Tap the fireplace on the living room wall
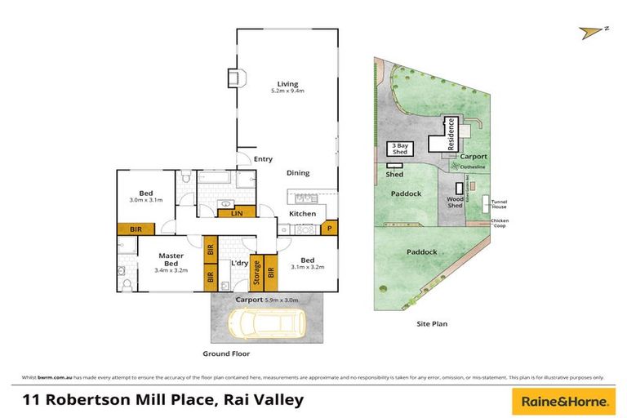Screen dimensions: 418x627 [234, 78]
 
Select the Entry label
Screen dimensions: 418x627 [263, 159]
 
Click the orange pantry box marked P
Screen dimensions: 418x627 [330, 229]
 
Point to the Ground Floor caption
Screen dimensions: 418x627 [226, 354]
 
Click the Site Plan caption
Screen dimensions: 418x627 [432, 324]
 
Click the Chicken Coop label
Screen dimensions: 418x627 [500, 225]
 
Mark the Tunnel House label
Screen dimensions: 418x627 [499, 204]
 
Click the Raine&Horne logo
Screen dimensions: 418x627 [563, 401]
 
